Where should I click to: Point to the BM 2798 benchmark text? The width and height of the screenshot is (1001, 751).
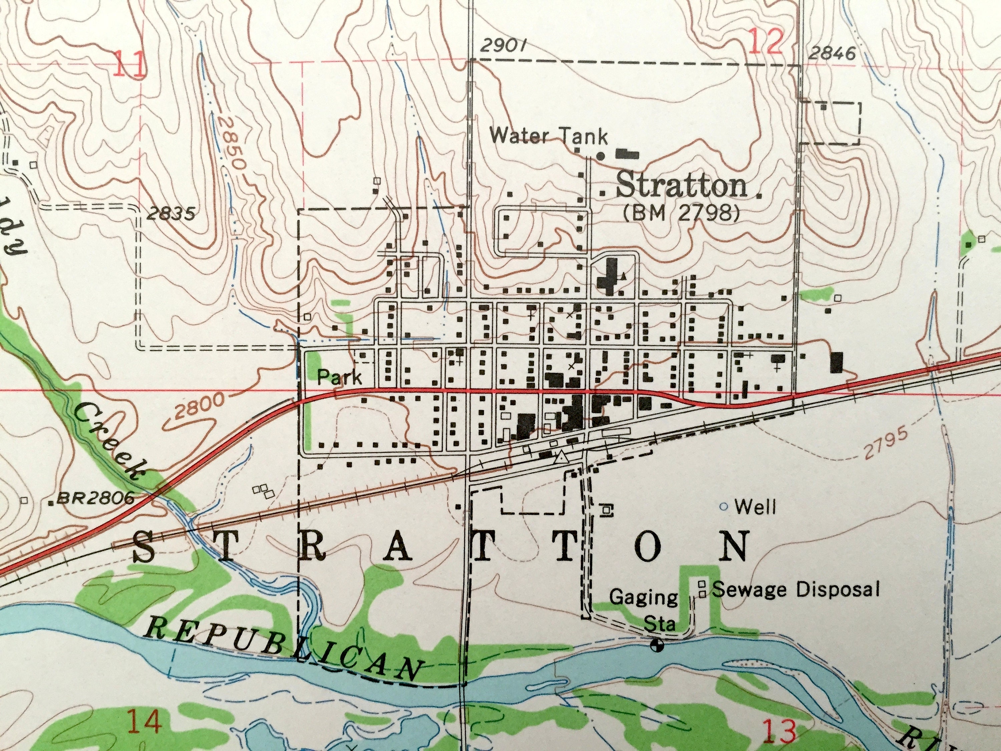[682, 212]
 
